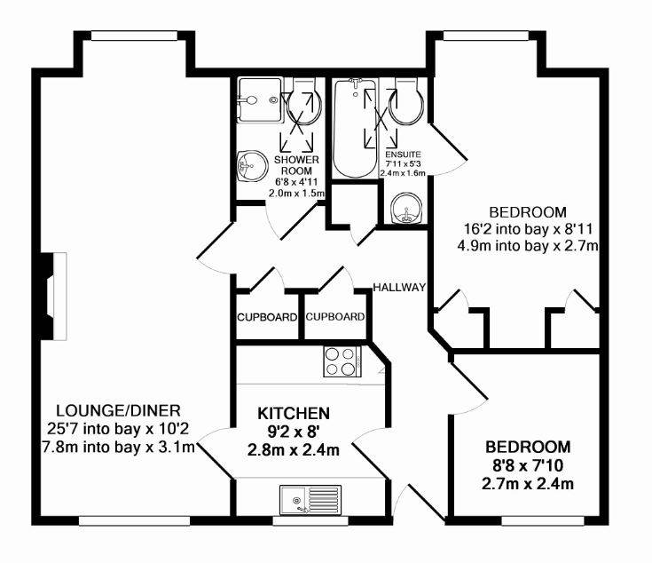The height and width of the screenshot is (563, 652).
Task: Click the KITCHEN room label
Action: (x=294, y=413)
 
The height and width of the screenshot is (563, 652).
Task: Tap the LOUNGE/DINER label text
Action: (x=119, y=410)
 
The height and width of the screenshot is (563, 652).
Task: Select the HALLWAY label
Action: (x=399, y=287)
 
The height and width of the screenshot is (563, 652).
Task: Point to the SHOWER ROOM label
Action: (x=296, y=165)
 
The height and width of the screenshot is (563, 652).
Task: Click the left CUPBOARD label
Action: (x=267, y=318)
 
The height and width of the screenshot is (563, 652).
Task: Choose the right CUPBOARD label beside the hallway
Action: (x=335, y=317)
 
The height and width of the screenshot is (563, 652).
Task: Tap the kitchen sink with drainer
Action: (x=310, y=499)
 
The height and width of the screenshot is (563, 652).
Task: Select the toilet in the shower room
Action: (x=304, y=101)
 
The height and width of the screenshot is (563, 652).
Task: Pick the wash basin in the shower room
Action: (x=252, y=166)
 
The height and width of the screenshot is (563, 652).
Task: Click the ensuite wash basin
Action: (x=407, y=208)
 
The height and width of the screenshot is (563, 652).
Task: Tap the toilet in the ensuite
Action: (x=406, y=101)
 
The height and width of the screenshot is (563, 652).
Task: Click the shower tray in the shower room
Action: (x=261, y=99)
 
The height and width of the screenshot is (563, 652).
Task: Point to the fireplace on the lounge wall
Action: (x=53, y=297)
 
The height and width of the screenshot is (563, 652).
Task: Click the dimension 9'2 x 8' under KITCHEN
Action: (x=294, y=432)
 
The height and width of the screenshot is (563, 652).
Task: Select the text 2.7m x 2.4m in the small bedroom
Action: (x=528, y=484)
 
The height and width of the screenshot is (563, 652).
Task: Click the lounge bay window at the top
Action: (x=134, y=36)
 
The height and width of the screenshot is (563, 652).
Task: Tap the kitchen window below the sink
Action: (x=310, y=520)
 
